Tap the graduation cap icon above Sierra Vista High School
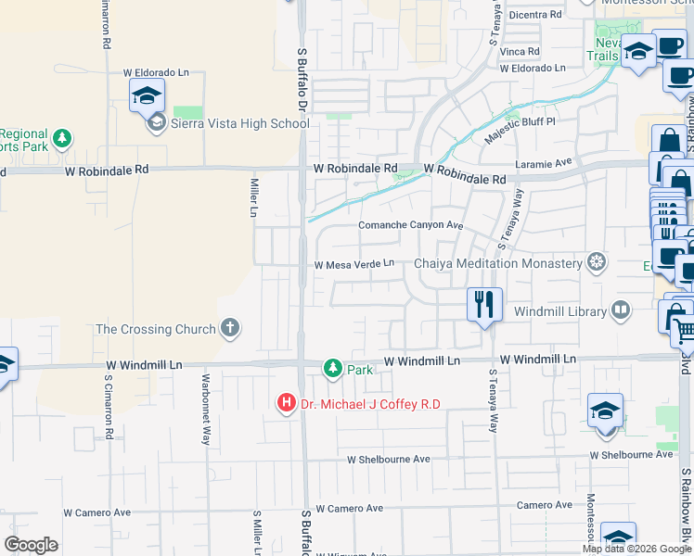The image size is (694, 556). pyautogui.click(x=147, y=95)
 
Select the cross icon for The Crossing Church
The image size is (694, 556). pyautogui.click(x=229, y=328)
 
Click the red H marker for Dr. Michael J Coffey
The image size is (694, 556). pyautogui.click(x=287, y=403)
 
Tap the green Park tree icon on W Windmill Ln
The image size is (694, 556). pyautogui.click(x=332, y=369)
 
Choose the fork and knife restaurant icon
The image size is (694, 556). pyautogui.click(x=483, y=304)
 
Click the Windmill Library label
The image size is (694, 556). pyautogui.click(x=559, y=311)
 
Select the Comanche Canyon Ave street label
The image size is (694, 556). pyautogui.click(x=410, y=225)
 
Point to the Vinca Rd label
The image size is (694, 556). pyautogui.click(x=520, y=51)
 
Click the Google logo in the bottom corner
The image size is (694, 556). pyautogui.click(x=31, y=545)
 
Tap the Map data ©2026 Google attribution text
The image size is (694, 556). pyautogui.click(x=636, y=549)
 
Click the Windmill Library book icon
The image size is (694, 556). pyautogui.click(x=620, y=311)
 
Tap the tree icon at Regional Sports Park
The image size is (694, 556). pyautogui.click(x=62, y=139)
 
